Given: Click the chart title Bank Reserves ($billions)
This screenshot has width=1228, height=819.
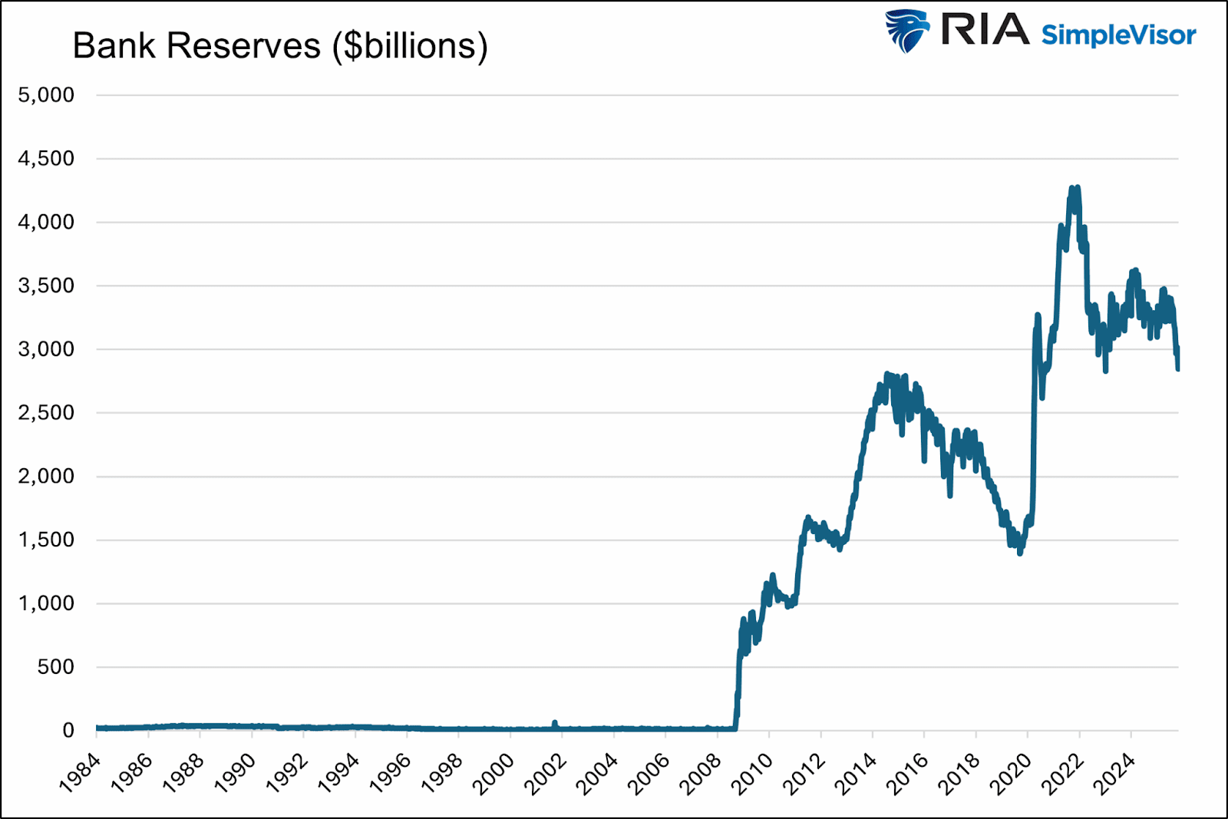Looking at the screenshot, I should pos(280,46).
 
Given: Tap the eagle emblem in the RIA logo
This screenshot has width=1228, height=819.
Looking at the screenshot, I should pos(906,31).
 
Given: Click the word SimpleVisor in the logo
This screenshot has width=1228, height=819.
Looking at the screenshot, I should pos(1118,35).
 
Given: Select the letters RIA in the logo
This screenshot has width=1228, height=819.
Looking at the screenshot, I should pos(985,31).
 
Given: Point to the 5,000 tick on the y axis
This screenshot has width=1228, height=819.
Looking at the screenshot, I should pos(46,95).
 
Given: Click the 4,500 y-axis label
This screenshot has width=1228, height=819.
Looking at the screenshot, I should pos(46,159).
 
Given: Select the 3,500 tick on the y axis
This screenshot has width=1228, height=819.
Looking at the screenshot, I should pos(46,286).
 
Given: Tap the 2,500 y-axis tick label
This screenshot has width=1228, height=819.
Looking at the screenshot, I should pos(46,413).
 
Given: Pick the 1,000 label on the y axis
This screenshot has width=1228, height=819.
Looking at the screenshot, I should pos(46,603).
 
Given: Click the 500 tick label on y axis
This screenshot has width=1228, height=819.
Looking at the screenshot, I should pos(55,667).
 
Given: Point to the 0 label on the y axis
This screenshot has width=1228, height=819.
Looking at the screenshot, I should pos(68,731).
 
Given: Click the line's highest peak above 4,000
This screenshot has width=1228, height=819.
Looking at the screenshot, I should pos(1078,187).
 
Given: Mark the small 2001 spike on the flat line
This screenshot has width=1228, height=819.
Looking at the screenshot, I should pos(555,723).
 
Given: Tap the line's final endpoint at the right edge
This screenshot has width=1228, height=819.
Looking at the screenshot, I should pos(1178,369).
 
